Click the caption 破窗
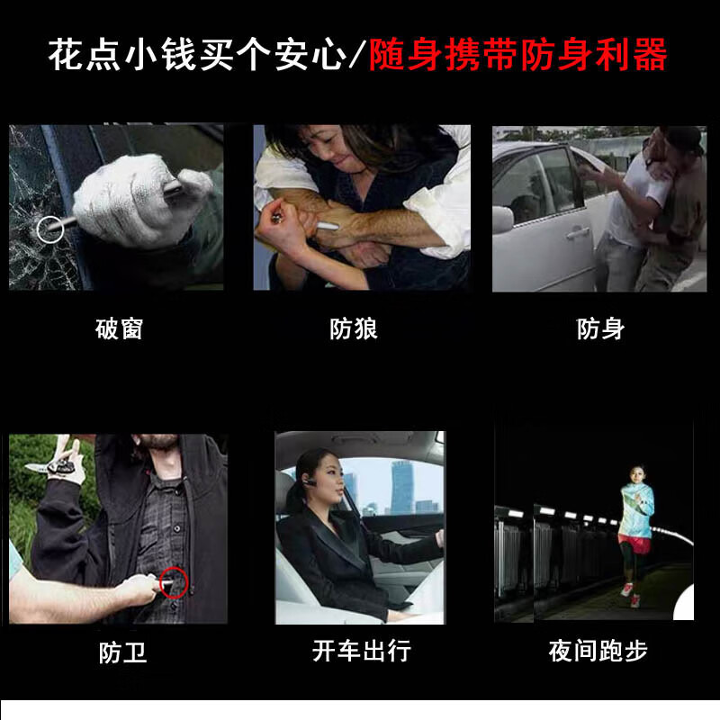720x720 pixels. click(x=120, y=328)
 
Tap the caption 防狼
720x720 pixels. click(x=354, y=328)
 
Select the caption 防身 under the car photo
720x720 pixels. click(x=600, y=328)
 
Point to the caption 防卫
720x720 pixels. click(x=122, y=652)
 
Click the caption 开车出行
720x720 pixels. click(x=362, y=651)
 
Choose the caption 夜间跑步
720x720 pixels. click(x=598, y=651)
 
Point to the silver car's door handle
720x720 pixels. click(x=577, y=234)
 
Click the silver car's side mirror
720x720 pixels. click(x=502, y=219)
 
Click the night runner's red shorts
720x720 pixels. click(x=634, y=544)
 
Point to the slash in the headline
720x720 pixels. click(x=357, y=55)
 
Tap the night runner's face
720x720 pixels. click(x=635, y=475)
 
